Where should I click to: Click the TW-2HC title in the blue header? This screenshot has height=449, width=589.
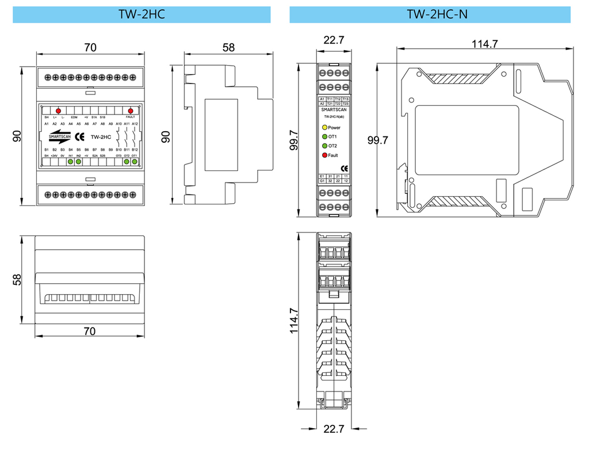[x=141, y=14]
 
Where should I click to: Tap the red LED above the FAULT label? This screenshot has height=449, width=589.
[x=131, y=111]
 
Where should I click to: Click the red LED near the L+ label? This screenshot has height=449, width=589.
[x=58, y=111]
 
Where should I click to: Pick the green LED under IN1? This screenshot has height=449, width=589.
[x=70, y=162]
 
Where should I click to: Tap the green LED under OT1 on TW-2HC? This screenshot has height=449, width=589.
[x=135, y=162]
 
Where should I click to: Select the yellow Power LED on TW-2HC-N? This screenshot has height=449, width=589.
[x=324, y=127]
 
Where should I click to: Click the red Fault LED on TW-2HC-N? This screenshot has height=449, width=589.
[x=324, y=155]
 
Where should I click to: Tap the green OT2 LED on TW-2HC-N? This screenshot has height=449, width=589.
[x=324, y=146]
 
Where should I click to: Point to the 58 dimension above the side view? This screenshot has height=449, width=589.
[x=229, y=48]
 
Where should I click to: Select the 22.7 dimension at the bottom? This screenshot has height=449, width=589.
[x=334, y=429]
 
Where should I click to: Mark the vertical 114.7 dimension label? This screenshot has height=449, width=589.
[x=294, y=321]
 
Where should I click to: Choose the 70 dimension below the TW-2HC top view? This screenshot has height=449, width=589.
[x=89, y=331]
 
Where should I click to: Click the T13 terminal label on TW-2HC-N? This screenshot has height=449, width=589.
[x=346, y=99]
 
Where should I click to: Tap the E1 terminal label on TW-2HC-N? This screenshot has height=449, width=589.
[x=322, y=176]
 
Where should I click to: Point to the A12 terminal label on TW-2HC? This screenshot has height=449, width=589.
[x=135, y=124]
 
